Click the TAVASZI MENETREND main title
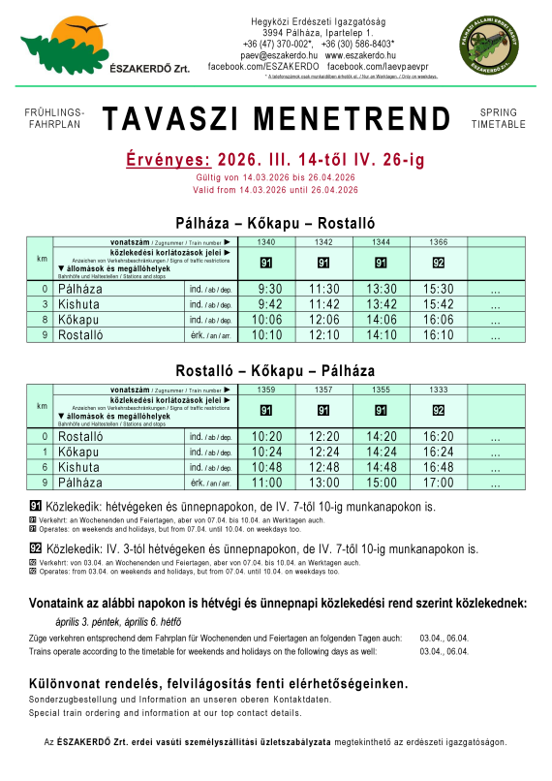tap(276, 119)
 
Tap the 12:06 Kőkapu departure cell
tap(325, 320)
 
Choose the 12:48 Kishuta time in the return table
tap(325, 467)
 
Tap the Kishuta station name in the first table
tap(81, 304)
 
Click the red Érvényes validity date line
tap(275, 158)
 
